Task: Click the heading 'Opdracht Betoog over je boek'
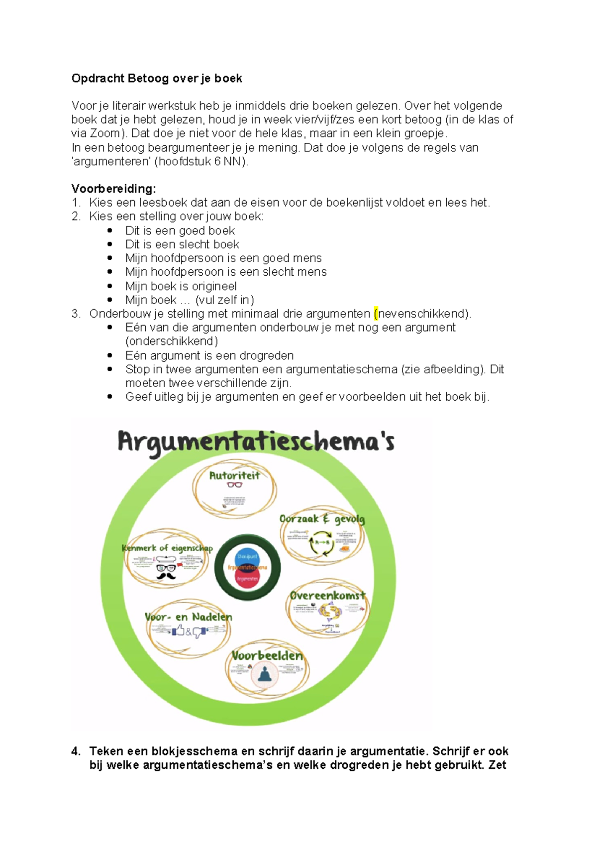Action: (157, 79)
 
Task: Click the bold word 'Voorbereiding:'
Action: (113, 189)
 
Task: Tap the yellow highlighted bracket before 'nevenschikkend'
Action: (376, 314)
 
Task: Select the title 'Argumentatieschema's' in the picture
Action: (256, 441)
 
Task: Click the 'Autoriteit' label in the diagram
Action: (234, 475)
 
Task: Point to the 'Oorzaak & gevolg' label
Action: (322, 519)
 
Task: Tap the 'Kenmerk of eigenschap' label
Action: (167, 548)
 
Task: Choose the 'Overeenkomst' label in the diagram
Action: (327, 595)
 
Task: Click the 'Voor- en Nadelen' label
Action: (188, 617)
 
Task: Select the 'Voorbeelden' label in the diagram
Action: (267, 656)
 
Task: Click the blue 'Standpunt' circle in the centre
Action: (247, 556)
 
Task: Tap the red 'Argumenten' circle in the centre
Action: (247, 579)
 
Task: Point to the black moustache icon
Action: (166, 576)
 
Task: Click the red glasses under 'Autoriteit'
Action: (234, 485)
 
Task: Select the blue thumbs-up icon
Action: (178, 631)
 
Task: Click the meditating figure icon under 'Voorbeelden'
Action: (265, 675)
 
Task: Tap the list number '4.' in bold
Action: (76, 751)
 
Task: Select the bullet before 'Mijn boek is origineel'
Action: (110, 286)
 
